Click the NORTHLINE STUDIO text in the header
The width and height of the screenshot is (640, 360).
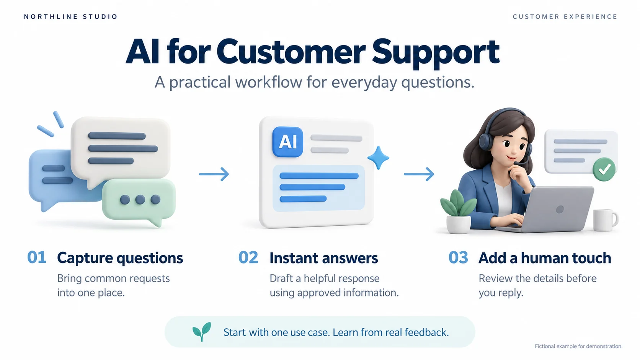click(x=70, y=16)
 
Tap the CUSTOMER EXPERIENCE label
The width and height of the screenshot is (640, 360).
click(x=565, y=16)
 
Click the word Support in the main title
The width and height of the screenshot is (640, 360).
click(x=436, y=53)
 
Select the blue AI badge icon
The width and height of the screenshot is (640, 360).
click(x=288, y=142)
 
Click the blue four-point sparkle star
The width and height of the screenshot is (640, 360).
click(x=378, y=158)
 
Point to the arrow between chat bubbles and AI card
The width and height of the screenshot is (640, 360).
click(x=214, y=174)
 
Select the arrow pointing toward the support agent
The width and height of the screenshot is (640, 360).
click(x=419, y=174)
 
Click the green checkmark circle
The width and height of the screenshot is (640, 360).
click(x=604, y=169)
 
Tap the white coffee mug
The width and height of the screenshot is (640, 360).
click(x=605, y=220)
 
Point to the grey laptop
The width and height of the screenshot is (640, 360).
click(x=546, y=210)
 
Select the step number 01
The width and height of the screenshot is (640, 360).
click(x=37, y=257)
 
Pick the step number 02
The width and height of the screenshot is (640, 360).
click(x=248, y=257)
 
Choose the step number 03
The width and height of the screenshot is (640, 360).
click(x=458, y=257)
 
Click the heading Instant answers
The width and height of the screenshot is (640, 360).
click(x=324, y=258)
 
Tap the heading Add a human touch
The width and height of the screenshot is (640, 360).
click(x=545, y=258)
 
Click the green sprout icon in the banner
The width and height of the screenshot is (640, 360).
click(x=202, y=332)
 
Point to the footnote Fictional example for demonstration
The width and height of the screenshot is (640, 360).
click(x=579, y=346)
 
